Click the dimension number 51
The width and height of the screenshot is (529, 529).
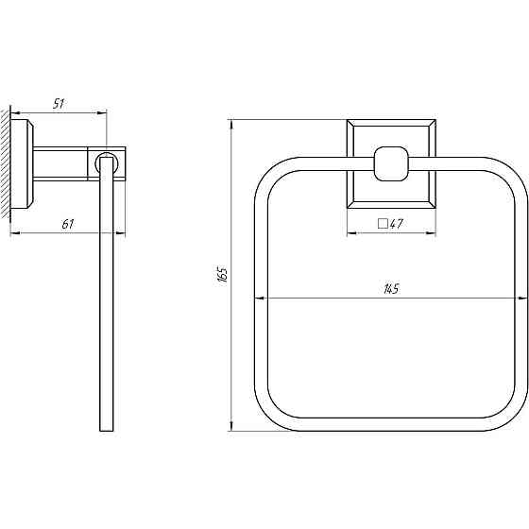(58, 105)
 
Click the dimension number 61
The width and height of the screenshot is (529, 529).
(66, 224)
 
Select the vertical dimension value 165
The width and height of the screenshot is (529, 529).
(223, 275)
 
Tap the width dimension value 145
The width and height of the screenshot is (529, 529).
(390, 289)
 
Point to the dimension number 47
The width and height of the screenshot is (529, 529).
(397, 224)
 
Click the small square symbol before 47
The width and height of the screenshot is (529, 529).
(383, 224)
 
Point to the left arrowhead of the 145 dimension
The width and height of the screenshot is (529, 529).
(259, 299)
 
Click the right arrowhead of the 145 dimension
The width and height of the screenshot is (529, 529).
(522, 299)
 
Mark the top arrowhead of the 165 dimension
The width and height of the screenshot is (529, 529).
(232, 123)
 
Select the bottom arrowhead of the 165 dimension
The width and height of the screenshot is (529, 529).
(232, 428)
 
